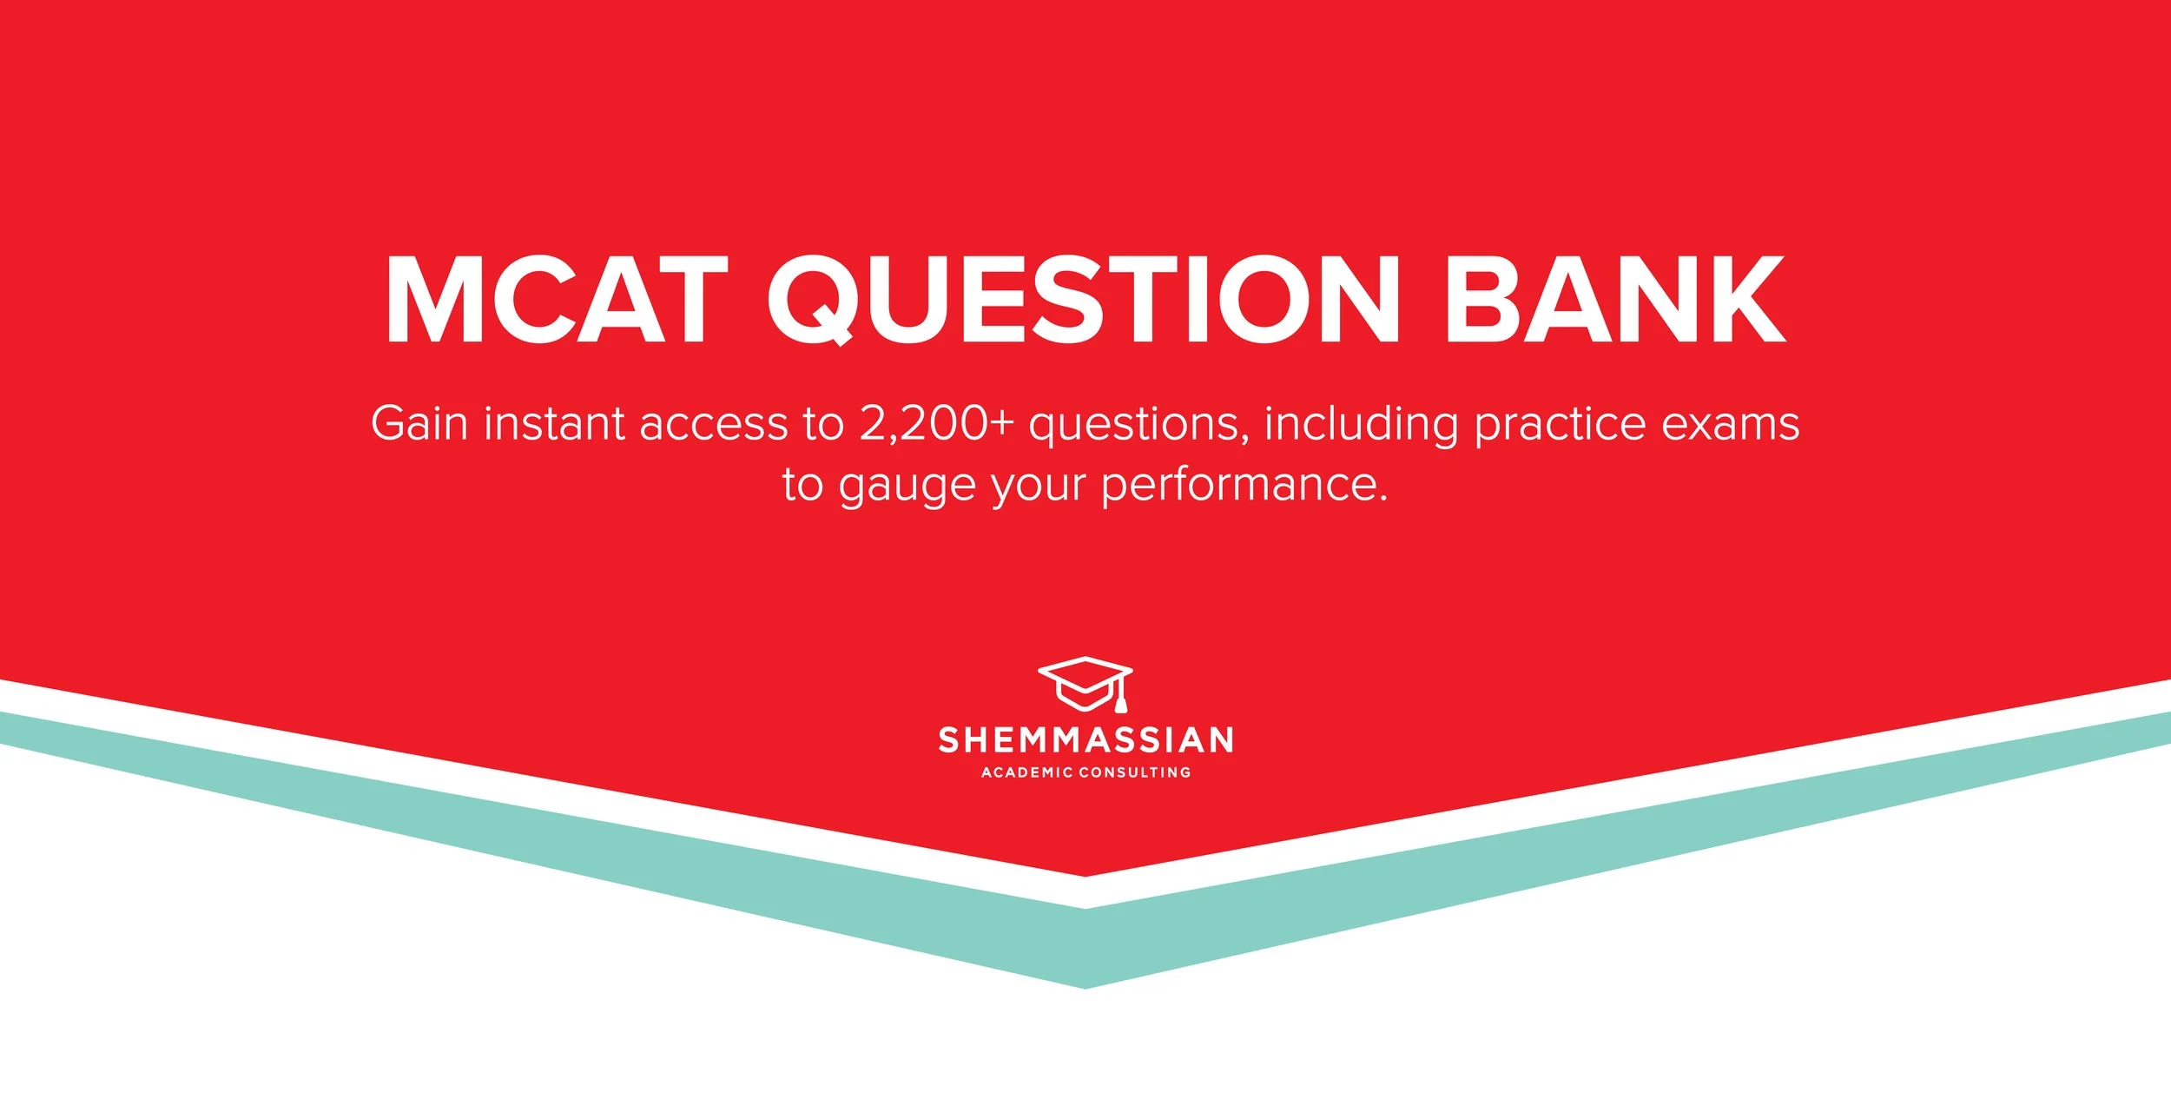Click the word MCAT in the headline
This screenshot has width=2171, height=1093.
(x=556, y=301)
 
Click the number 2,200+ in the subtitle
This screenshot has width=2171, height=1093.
(x=936, y=424)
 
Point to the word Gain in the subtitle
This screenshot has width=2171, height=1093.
(x=419, y=424)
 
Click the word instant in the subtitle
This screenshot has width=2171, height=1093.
(x=554, y=424)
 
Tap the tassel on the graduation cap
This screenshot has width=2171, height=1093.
(x=1120, y=700)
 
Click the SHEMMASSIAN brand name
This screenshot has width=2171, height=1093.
(x=1085, y=740)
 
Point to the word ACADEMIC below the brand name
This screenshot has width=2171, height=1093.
(x=1026, y=772)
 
